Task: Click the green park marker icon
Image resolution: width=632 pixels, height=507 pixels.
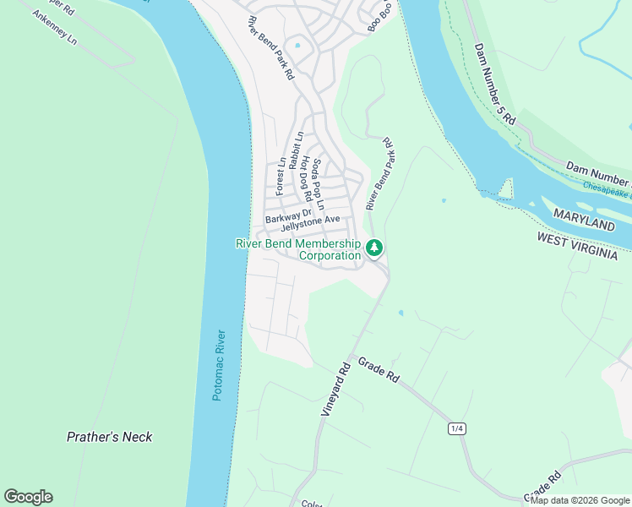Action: (374, 248)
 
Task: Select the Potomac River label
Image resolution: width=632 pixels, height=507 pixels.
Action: (219, 365)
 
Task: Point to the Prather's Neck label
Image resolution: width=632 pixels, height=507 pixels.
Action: (110, 437)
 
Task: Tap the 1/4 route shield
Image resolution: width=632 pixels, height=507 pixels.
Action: (457, 429)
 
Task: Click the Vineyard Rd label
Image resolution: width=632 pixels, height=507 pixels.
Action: (335, 390)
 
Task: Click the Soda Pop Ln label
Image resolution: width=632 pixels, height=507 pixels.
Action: (318, 184)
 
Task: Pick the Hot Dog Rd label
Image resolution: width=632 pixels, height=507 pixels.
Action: (307, 181)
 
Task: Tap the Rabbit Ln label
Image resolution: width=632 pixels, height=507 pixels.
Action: (296, 151)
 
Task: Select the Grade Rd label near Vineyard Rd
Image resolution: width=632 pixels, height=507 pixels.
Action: (378, 371)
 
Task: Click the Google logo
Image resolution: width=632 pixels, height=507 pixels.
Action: (28, 497)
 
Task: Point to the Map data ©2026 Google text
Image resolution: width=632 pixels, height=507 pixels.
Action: (580, 500)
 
